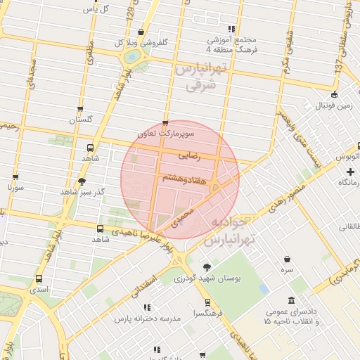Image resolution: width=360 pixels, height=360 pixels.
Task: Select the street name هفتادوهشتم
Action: coord(184,179)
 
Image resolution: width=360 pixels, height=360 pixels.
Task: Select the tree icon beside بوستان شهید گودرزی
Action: coord(206,267)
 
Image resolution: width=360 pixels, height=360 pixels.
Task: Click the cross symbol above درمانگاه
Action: coord(350,172)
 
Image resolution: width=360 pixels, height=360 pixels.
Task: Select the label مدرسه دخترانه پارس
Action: coord(148,319)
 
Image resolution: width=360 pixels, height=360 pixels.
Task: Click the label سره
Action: coord(287,270)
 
